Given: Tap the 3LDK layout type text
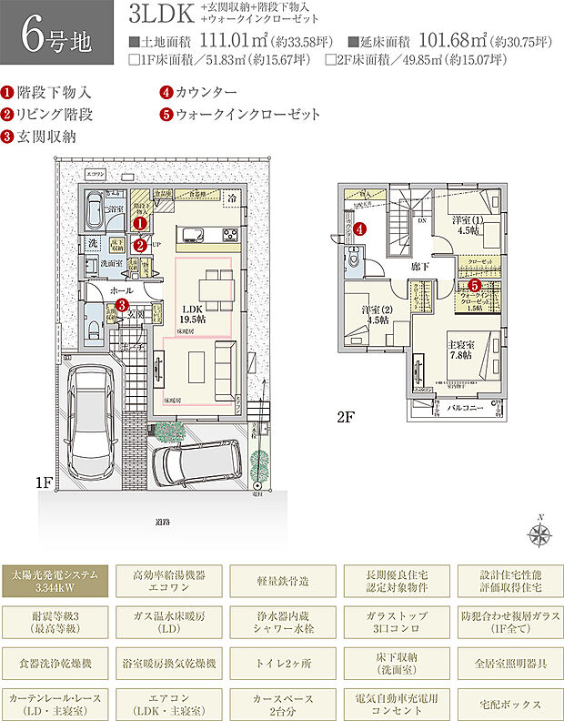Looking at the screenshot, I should [x=159, y=15].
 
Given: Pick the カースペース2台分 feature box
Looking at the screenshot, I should [x=283, y=705].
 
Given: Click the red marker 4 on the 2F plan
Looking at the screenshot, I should [x=360, y=229].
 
